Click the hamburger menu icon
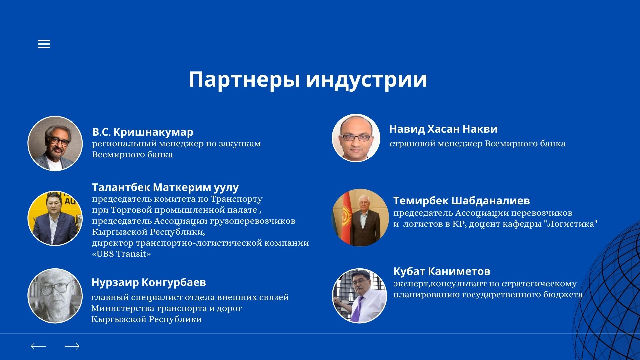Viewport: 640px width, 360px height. tap(44, 44)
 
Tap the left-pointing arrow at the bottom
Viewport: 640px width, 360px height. tap(38, 346)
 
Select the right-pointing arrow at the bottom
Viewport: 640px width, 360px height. tap(72, 346)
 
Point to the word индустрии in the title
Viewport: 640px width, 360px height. tap(366, 79)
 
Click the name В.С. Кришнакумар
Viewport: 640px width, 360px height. tap(143, 132)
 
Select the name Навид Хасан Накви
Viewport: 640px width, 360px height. tap(443, 129)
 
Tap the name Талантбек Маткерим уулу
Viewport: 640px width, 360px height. tap(165, 187)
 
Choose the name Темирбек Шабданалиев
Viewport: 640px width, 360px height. tap(462, 201)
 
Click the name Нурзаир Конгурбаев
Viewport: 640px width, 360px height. tap(149, 282)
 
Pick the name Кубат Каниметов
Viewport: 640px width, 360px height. tap(442, 271)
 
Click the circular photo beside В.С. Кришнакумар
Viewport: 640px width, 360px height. tap(55, 144)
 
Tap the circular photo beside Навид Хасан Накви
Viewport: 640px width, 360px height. tap(356, 138)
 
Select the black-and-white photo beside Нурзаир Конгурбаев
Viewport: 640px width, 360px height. tap(55, 296)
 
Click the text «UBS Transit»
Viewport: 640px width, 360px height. tap(121, 254)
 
